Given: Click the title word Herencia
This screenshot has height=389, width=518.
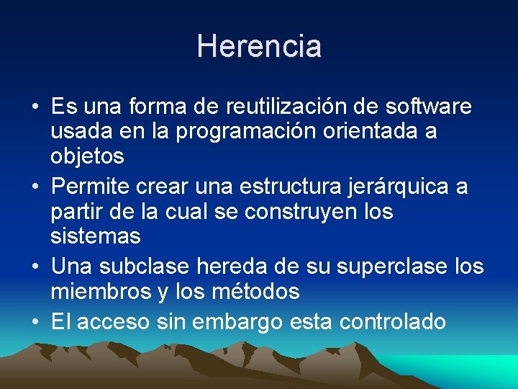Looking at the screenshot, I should click(259, 46).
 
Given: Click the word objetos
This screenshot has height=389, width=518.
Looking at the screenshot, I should click(87, 156).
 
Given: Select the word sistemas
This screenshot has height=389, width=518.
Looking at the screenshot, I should click(96, 236).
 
